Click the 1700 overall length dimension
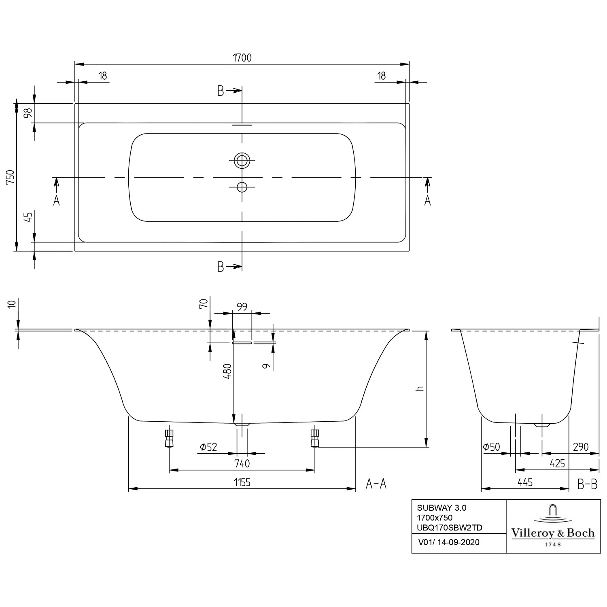pyautogui.click(x=242, y=58)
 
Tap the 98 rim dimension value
pyautogui.click(x=28, y=113)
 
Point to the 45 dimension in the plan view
pyautogui.click(x=28, y=217)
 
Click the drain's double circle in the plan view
pyautogui.click(x=242, y=161)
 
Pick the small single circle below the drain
pyautogui.click(x=242, y=187)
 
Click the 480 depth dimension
pyautogui.click(x=227, y=371)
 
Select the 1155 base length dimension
pyautogui.click(x=242, y=482)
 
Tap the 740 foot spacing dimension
pyautogui.click(x=242, y=463)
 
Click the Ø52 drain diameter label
pyautogui.click(x=208, y=447)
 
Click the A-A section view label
pyautogui.click(x=376, y=484)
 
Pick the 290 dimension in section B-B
pyautogui.click(x=580, y=447)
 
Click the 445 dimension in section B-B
pyautogui.click(x=525, y=482)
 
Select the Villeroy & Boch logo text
pyautogui.click(x=553, y=533)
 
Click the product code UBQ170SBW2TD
pyautogui.click(x=449, y=528)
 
